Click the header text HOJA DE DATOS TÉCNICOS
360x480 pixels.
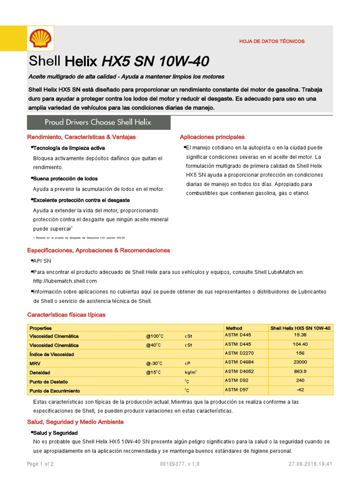[272, 41]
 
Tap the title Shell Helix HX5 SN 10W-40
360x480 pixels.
[119, 61]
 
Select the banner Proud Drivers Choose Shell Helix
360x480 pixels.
[98, 122]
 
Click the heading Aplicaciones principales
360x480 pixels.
[212, 137]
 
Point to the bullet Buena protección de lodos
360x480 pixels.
[65, 179]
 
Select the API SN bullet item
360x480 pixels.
[42, 261]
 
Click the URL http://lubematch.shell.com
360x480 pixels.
[65, 281]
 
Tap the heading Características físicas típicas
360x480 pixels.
[67, 315]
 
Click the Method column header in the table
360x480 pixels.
[234, 328]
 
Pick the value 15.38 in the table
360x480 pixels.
[300, 336]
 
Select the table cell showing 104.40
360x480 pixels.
[300, 345]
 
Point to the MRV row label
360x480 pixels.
[35, 363]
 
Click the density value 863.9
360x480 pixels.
[300, 372]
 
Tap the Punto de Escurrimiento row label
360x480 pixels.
[55, 390]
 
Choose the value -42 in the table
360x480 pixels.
[300, 390]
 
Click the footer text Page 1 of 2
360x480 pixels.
[40, 464]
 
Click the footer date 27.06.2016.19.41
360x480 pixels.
[310, 464]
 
